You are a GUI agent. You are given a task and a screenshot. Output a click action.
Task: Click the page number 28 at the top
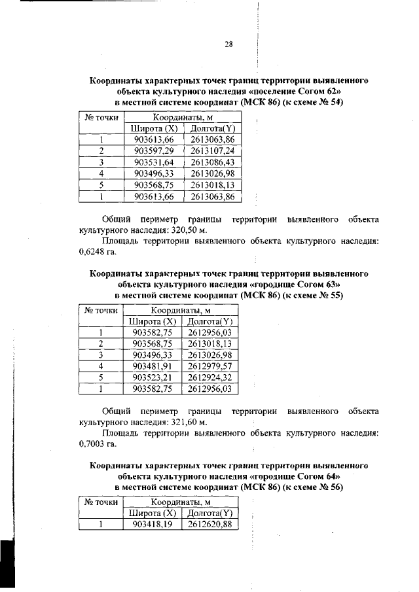(229, 44)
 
